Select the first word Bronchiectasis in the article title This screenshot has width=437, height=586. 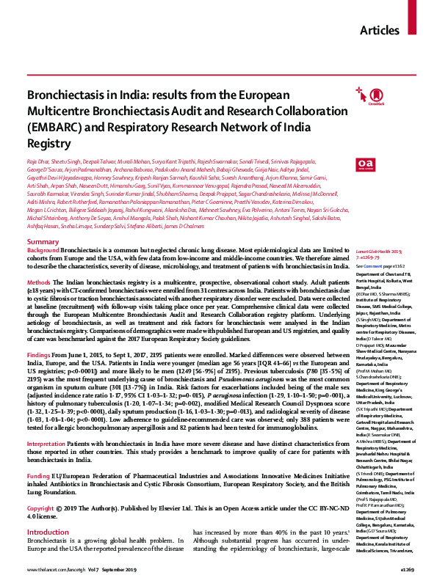(59, 95)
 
